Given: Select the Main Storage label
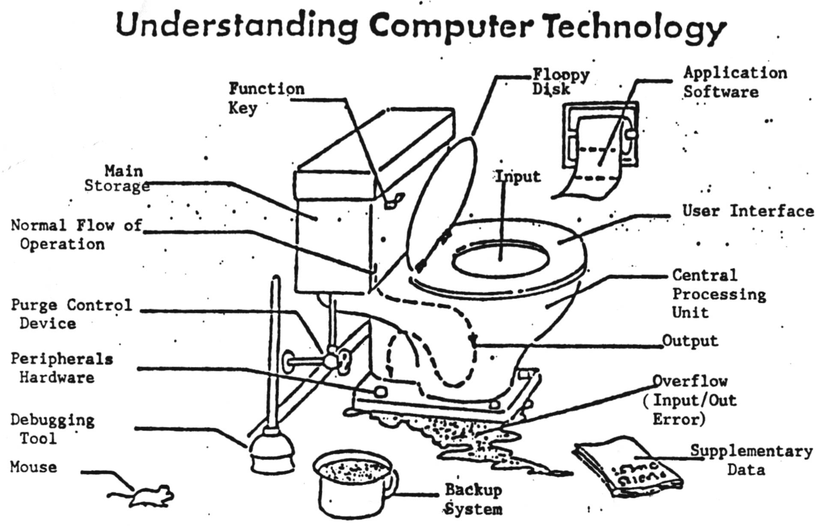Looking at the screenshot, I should coord(118,179).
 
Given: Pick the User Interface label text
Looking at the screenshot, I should coord(747,211).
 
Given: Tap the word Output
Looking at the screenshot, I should coord(690,341).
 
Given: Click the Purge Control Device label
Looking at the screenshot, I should coord(71,314).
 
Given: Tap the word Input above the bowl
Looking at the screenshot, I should coord(517,176).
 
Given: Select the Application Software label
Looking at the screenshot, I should coord(734,82).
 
